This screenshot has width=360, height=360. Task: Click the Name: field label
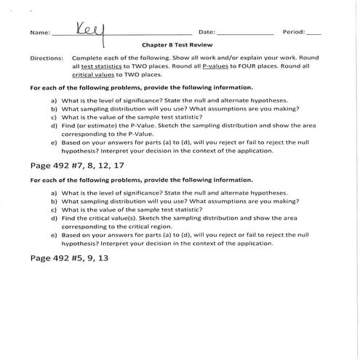[x=41, y=33]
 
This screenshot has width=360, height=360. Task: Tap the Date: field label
[x=206, y=33]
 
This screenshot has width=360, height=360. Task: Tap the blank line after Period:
[x=313, y=34]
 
